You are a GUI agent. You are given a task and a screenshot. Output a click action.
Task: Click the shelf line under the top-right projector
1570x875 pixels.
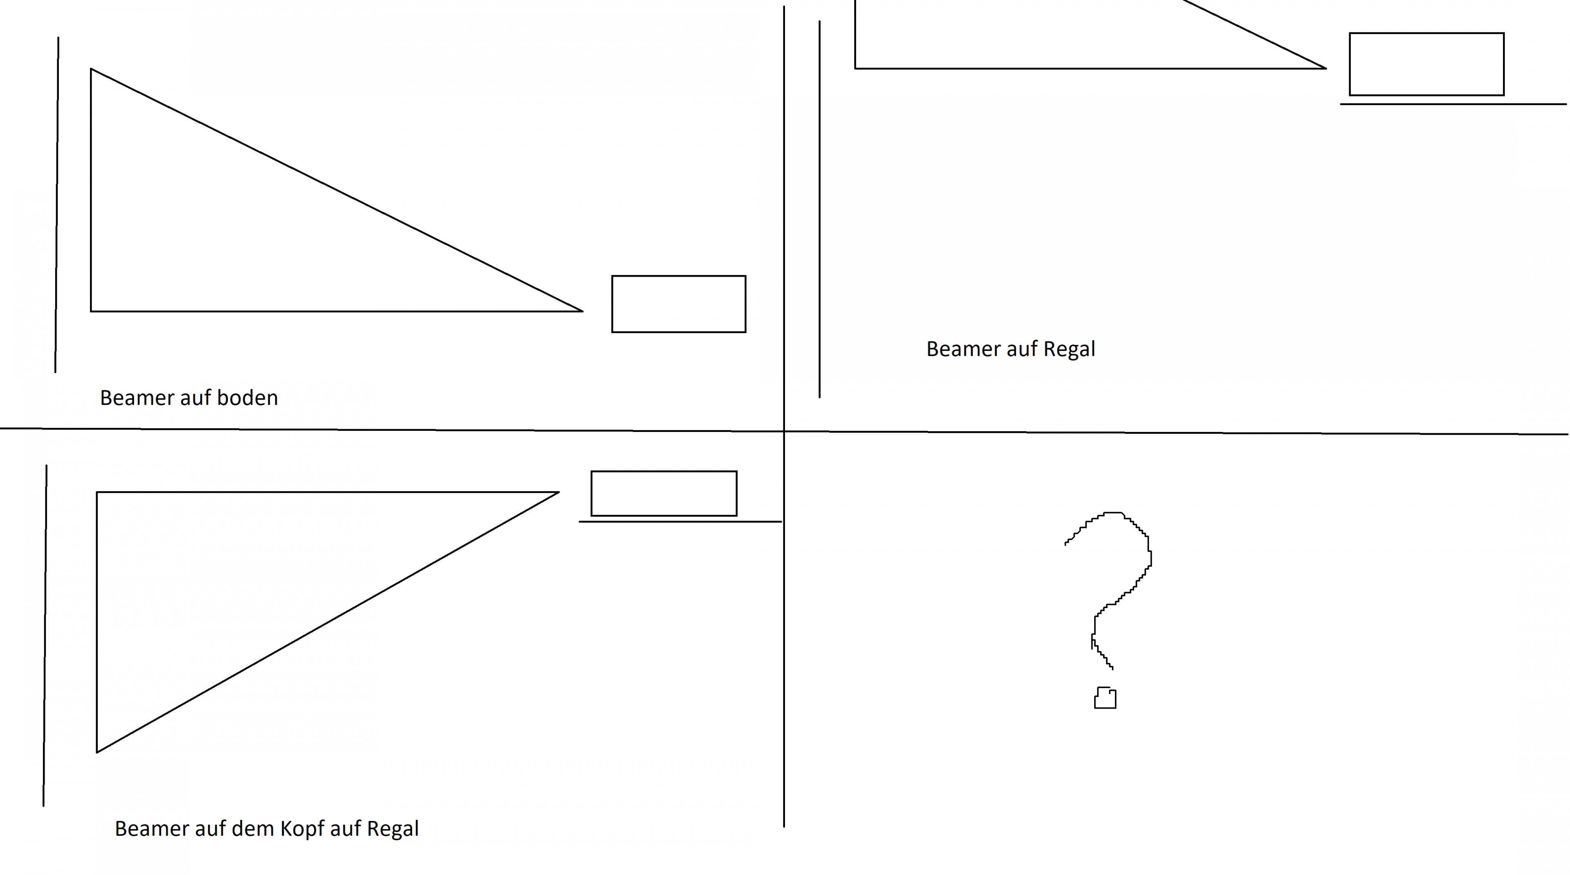click(x=1453, y=104)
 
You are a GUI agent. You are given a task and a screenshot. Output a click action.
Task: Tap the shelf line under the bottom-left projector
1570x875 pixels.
click(x=680, y=521)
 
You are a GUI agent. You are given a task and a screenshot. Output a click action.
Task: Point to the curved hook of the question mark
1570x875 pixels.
click(x=1150, y=557)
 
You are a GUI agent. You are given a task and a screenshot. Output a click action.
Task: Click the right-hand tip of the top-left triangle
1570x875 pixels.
click(x=583, y=311)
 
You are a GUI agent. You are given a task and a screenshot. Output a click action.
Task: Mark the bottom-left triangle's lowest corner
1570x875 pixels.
click(x=97, y=752)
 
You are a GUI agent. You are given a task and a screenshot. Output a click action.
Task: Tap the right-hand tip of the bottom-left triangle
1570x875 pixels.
click(x=559, y=492)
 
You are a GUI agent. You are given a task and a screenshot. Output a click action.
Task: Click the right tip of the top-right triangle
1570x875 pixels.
click(x=1326, y=68)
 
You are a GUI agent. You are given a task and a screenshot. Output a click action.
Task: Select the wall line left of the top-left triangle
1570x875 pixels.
click(x=57, y=205)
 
